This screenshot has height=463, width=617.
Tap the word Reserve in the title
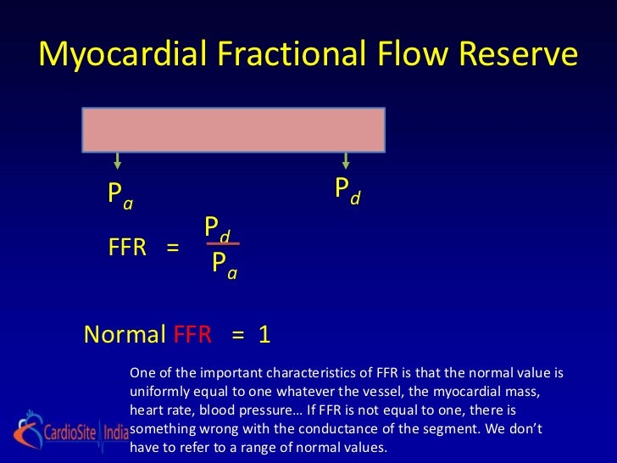(x=515, y=55)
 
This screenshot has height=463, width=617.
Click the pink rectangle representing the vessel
(x=234, y=129)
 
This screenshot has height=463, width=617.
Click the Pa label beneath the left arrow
(x=120, y=195)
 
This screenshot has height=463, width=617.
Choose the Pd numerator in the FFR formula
(x=219, y=228)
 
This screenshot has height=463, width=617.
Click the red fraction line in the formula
(x=223, y=244)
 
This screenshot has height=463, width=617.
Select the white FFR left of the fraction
(x=128, y=248)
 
